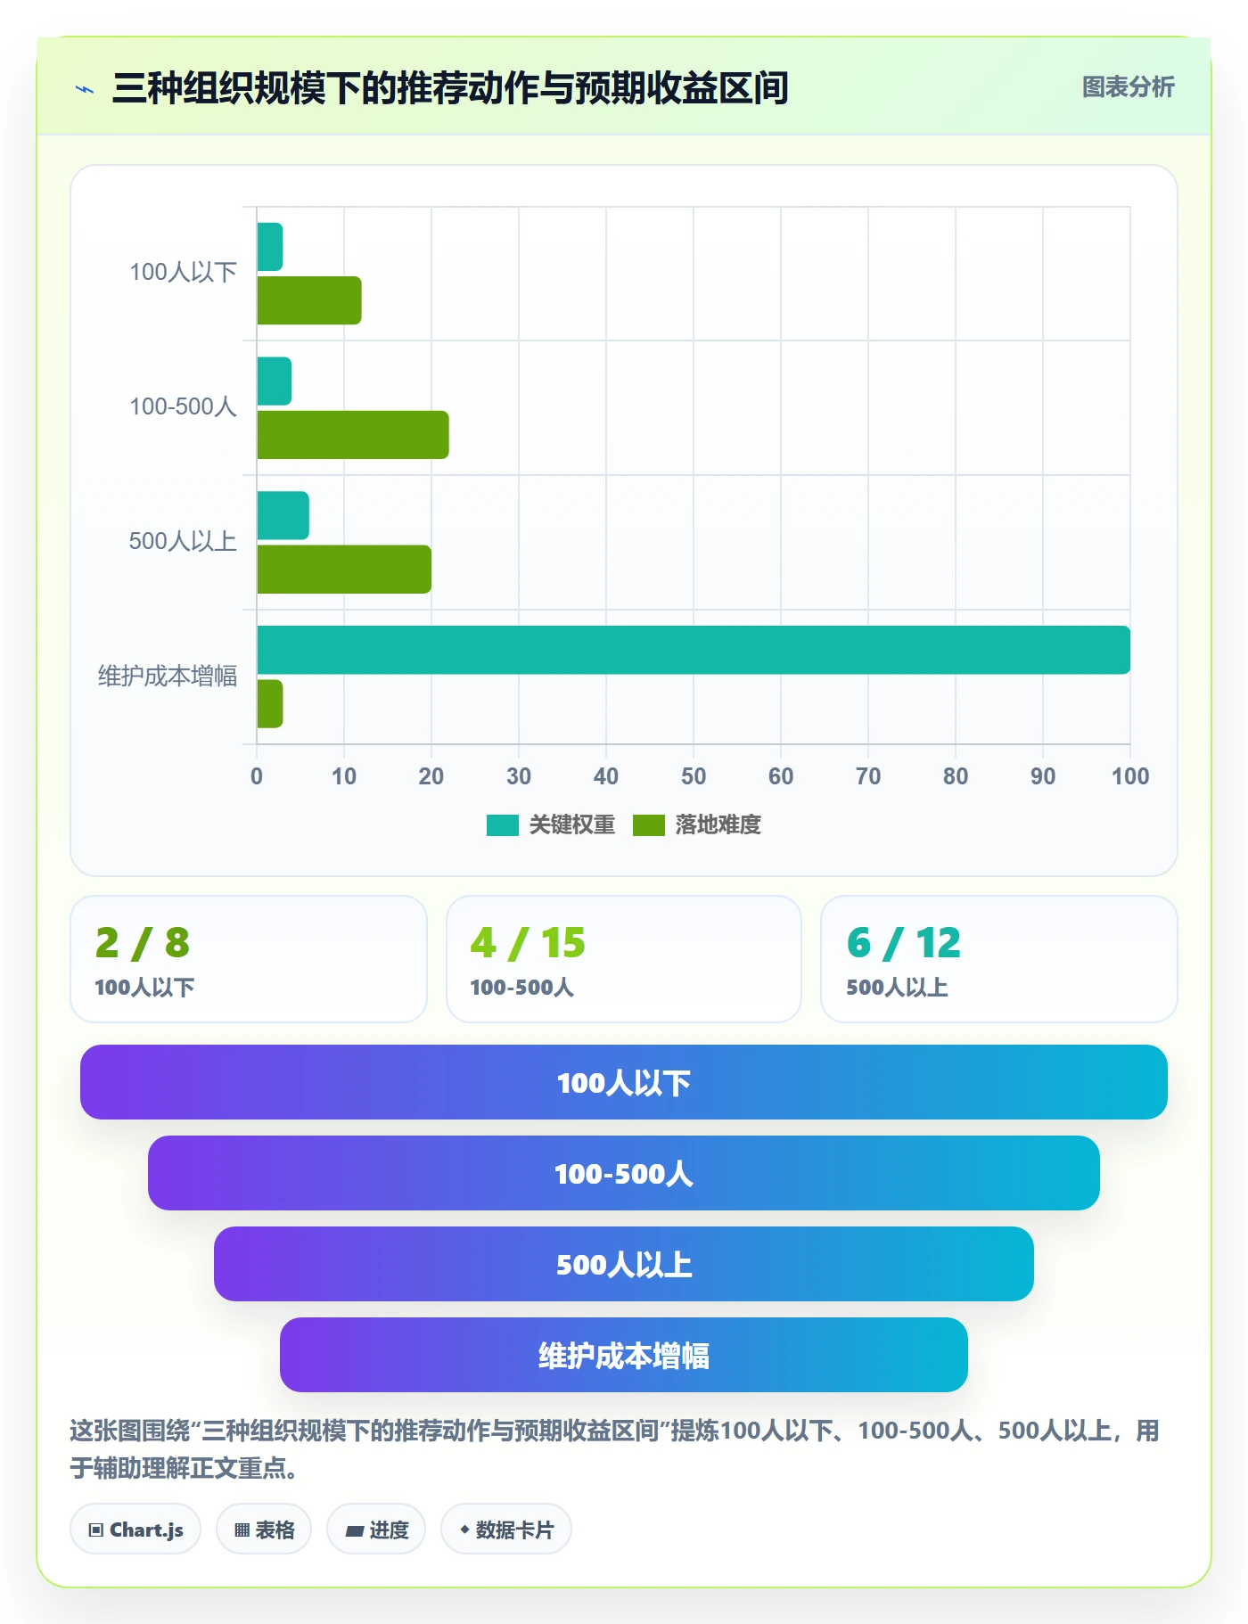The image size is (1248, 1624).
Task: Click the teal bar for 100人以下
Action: pyautogui.click(x=270, y=247)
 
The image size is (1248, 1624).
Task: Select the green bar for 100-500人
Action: pyautogui.click(x=353, y=435)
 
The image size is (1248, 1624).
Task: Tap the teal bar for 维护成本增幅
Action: pyautogui.click(x=694, y=650)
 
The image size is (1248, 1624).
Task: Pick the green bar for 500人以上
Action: pyautogui.click(x=344, y=570)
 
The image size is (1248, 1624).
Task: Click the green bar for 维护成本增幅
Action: pyautogui.click(x=270, y=704)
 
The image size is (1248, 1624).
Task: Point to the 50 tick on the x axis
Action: pyautogui.click(x=694, y=776)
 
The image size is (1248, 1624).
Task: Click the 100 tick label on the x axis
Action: pyautogui.click(x=1130, y=776)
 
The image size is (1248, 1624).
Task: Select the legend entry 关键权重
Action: pyautogui.click(x=551, y=824)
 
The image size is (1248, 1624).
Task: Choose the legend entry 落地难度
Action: pyautogui.click(x=697, y=824)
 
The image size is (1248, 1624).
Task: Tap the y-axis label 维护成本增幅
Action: pyautogui.click(x=168, y=677)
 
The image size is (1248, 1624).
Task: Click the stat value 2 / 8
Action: pyautogui.click(x=143, y=943)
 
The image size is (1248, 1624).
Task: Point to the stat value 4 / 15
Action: pyautogui.click(x=528, y=943)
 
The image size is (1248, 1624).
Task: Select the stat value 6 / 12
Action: pyautogui.click(x=904, y=943)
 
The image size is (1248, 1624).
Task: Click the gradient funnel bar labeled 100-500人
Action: pyautogui.click(x=624, y=1173)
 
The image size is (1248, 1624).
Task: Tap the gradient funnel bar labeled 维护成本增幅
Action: pyautogui.click(x=624, y=1355)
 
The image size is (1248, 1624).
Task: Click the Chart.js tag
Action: pyautogui.click(x=135, y=1530)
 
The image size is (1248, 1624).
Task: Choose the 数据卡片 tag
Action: pyautogui.click(x=506, y=1530)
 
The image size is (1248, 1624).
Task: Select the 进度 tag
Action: pyautogui.click(x=376, y=1530)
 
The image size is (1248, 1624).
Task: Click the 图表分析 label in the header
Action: pyautogui.click(x=1129, y=87)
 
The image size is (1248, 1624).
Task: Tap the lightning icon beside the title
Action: pyautogui.click(x=85, y=89)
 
